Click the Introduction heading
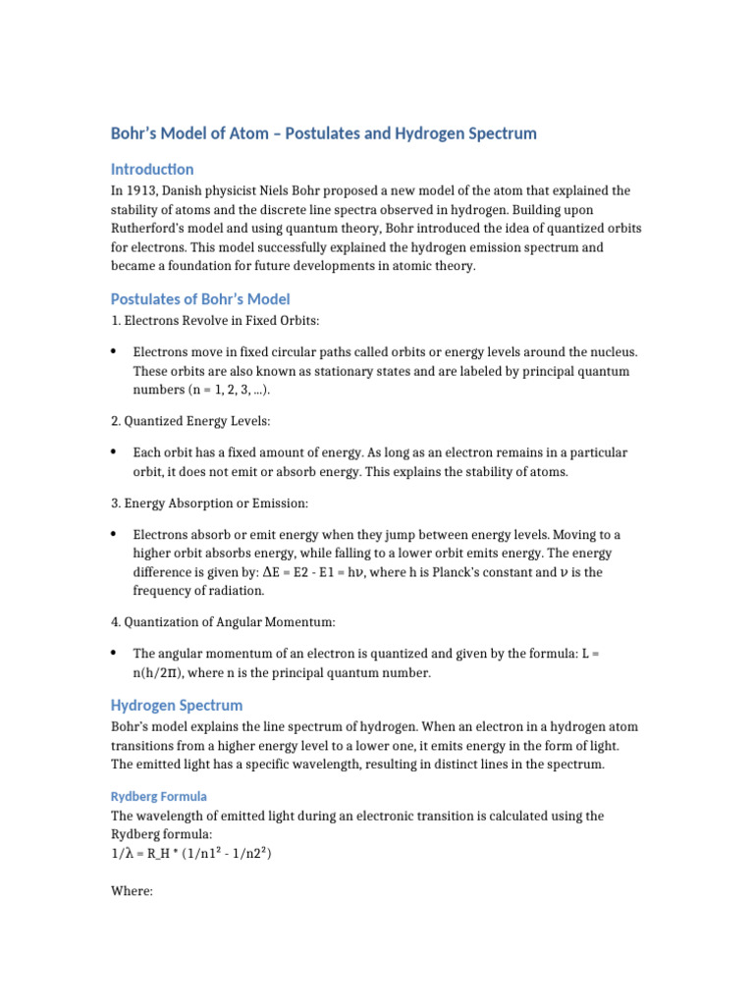click(x=152, y=169)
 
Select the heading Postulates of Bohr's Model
click(x=200, y=298)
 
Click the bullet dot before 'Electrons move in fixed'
click(x=115, y=351)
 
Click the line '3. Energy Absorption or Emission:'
click(x=209, y=503)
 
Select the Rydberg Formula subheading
click(x=159, y=796)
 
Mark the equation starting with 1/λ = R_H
click(x=191, y=854)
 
